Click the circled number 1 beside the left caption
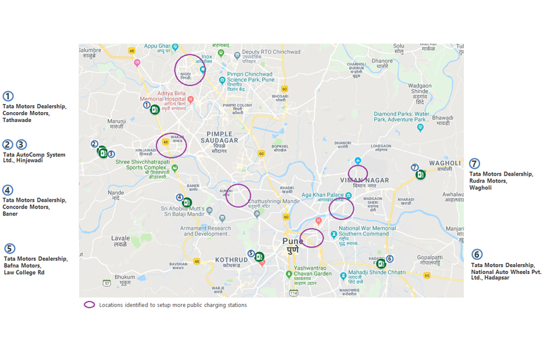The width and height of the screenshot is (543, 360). (7, 97)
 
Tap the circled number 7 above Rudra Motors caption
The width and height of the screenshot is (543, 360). (475, 163)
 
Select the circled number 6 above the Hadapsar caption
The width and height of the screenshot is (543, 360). (476, 254)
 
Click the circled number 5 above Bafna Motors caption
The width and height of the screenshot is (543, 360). (9, 249)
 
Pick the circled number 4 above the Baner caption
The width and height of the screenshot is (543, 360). (7, 190)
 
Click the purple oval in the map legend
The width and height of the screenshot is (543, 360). (90, 305)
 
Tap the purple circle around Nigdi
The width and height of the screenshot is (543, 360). (189, 69)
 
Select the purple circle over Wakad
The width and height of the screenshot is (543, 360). (171, 145)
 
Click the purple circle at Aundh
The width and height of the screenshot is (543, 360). (237, 195)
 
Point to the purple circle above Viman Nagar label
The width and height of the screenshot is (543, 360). (358, 173)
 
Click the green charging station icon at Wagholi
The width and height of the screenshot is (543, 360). (421, 174)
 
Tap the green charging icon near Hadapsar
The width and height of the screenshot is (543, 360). (381, 264)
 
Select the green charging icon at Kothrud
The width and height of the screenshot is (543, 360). (260, 257)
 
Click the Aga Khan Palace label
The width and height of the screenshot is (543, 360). (323, 195)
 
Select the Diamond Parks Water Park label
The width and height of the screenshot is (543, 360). (402, 117)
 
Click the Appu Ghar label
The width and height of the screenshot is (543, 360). (158, 46)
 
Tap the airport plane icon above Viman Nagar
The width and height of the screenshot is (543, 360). (357, 161)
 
